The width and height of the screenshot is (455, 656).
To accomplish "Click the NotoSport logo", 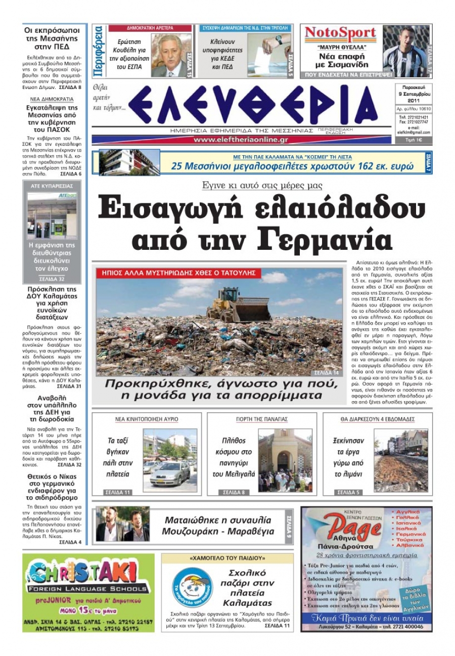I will click(341, 34).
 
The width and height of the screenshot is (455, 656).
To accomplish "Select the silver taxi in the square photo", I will click(170, 473).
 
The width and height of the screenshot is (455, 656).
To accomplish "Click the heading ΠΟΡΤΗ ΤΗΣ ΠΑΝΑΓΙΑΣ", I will click(261, 419).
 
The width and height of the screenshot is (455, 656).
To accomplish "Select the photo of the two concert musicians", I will click(122, 524).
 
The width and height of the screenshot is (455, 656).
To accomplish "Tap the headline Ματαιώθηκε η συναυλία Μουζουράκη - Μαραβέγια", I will click(217, 526).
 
